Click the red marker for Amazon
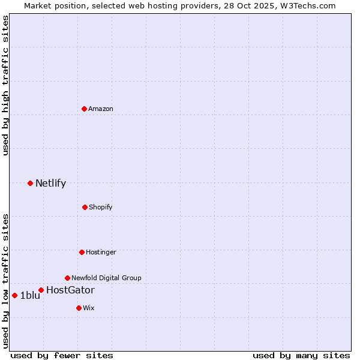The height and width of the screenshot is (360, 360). (84, 109)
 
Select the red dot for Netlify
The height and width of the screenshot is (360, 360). (30, 183)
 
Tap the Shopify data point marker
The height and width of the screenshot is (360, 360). (85, 207)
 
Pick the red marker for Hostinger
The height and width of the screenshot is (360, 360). (82, 252)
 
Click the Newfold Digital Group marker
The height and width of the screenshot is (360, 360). (67, 278)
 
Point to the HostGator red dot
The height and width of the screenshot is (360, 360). (41, 290)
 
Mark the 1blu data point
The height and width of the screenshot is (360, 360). (14, 295)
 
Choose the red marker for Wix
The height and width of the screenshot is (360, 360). (79, 308)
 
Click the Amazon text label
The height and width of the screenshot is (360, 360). (101, 109)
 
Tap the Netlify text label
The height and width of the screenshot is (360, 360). (50, 184)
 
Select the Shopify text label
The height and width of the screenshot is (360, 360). (101, 207)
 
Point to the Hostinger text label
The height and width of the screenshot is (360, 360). (101, 252)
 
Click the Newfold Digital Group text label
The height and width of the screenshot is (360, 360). (106, 278)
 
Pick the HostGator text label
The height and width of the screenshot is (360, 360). (70, 290)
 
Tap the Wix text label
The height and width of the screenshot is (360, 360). (89, 308)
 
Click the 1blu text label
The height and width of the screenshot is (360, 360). (30, 295)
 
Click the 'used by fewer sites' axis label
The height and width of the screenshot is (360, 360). (62, 355)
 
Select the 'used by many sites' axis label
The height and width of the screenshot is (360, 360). (301, 355)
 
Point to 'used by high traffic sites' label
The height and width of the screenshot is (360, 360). (5, 85)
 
